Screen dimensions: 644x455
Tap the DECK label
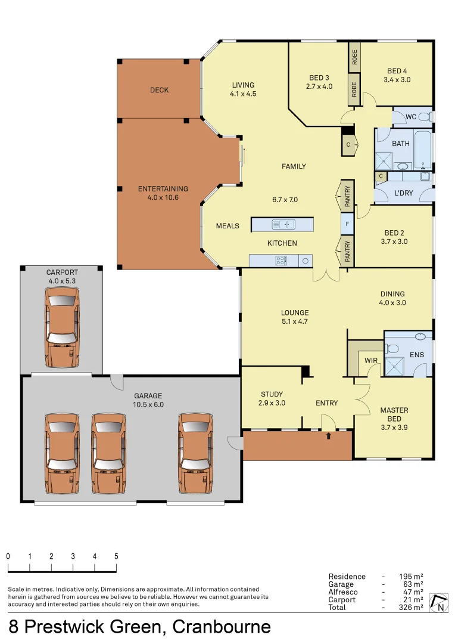point(159,90)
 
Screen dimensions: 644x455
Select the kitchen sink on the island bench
point(283,224)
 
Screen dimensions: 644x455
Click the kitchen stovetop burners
point(281,260)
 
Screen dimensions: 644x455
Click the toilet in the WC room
point(425,117)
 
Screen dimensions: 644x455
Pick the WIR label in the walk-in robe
point(371,361)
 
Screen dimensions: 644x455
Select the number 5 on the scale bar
point(116,556)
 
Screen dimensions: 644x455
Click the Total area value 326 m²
point(411,607)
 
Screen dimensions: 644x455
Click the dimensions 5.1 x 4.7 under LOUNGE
point(295,321)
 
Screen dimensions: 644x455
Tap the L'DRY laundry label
point(403,194)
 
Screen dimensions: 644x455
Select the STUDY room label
point(272,394)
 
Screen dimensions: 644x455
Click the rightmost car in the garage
point(196,454)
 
